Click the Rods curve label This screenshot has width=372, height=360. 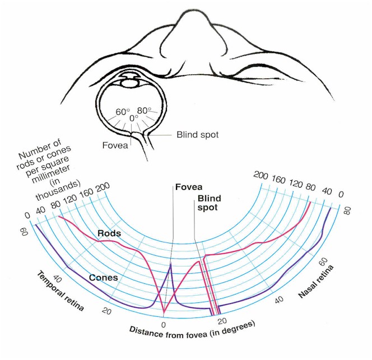pyautogui.click(x=109, y=233)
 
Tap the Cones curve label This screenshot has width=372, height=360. pyautogui.click(x=104, y=278)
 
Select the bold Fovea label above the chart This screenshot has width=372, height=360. pyautogui.click(x=189, y=187)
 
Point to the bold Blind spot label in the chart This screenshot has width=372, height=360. pyautogui.click(x=209, y=203)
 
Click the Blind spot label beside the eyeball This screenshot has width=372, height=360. pyautogui.click(x=197, y=135)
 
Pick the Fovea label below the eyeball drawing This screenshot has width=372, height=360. pyautogui.click(x=115, y=145)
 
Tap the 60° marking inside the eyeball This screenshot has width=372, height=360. pyautogui.click(x=123, y=112)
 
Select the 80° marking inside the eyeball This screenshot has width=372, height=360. pyautogui.click(x=144, y=110)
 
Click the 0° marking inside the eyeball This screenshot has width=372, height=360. pyautogui.click(x=134, y=118)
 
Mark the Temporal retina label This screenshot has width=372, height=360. pyautogui.click(x=61, y=291)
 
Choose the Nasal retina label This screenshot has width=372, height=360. pyautogui.click(x=316, y=281)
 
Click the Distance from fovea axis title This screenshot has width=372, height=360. pyautogui.click(x=192, y=330)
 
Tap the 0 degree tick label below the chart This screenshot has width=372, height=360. pyautogui.click(x=163, y=325)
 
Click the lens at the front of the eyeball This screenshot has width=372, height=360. pyautogui.click(x=129, y=83)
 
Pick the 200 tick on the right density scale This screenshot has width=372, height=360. pyautogui.click(x=261, y=175)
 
